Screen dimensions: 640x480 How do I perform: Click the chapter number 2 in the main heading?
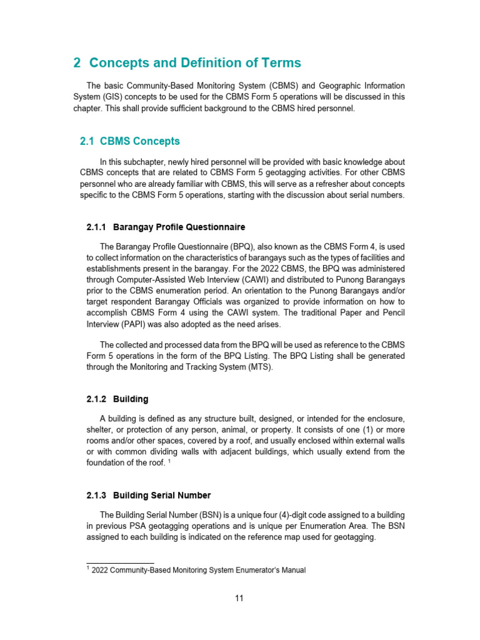coord(77,63)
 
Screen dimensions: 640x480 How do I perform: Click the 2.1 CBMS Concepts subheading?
coord(129,141)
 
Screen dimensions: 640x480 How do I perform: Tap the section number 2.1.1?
coord(97,227)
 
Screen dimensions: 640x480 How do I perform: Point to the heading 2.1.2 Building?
coord(117,399)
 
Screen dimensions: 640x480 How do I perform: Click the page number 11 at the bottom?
coord(239,598)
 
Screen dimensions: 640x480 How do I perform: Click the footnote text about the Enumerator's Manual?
coord(198,570)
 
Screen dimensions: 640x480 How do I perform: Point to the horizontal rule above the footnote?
coord(119,562)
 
